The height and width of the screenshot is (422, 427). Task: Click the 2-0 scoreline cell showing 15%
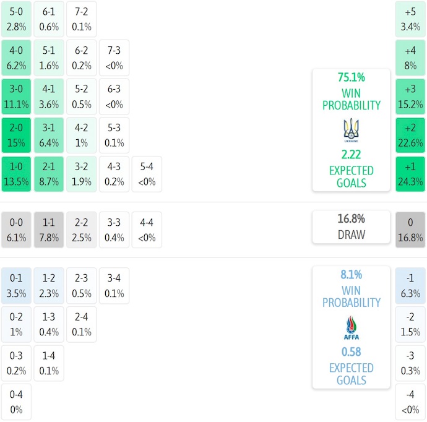tap(16, 136)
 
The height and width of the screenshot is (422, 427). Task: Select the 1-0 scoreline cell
tap(16, 174)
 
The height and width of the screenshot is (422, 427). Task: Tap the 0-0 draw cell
tap(16, 230)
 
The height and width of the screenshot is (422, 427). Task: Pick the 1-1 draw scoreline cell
tap(49, 230)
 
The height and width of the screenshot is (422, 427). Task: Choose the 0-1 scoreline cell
tap(16, 286)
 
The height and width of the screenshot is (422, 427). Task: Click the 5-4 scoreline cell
tap(147, 174)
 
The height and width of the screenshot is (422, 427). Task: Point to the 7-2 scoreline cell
tap(81, 19)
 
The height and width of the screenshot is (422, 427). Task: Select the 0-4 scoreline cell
tap(16, 402)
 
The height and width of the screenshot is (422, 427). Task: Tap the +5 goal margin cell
tap(410, 19)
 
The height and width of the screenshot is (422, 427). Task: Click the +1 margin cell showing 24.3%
tap(410, 174)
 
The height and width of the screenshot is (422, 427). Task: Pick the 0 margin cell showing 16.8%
tap(410, 230)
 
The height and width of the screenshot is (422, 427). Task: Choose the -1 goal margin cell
tap(410, 286)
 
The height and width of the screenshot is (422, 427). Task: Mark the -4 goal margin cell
tap(410, 402)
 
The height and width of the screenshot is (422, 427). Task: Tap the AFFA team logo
tap(351, 328)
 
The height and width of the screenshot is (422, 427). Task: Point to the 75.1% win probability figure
tap(351, 77)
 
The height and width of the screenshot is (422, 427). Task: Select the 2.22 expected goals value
tap(351, 154)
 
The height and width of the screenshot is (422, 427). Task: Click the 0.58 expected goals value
tap(351, 351)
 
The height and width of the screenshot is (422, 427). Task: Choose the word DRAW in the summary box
tap(351, 235)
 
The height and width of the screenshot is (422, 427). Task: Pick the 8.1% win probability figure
tap(351, 275)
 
